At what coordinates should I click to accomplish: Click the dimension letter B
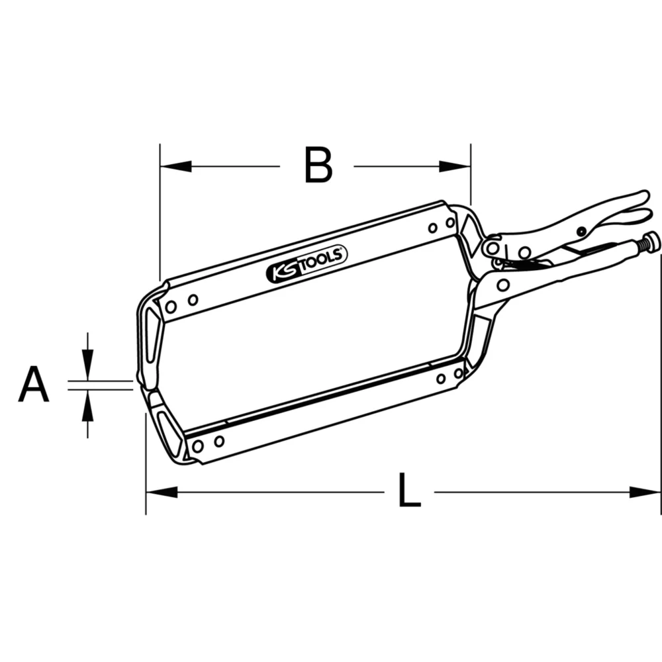click(318, 165)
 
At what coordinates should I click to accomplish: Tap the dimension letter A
click(33, 386)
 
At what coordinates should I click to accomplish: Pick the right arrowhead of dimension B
click(455, 166)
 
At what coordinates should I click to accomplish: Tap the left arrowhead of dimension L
click(161, 492)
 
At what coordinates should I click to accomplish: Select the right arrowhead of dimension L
click(645, 492)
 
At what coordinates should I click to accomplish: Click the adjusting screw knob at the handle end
click(652, 242)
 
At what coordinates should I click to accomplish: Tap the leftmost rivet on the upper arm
click(171, 307)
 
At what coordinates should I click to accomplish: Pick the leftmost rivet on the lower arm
click(197, 446)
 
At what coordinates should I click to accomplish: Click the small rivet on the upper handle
click(581, 232)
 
